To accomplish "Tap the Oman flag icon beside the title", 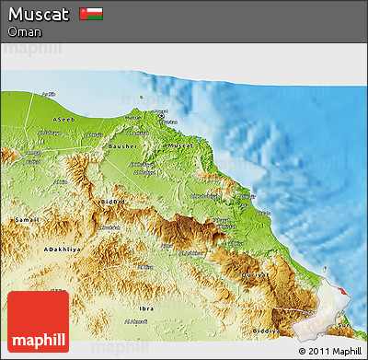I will [x=91, y=15].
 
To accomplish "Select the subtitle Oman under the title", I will [x=24, y=32].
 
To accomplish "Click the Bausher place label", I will [x=123, y=145].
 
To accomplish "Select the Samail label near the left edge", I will [x=26, y=221].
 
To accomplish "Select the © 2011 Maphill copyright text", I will [x=329, y=351].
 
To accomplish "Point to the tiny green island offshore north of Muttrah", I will [x=142, y=96].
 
